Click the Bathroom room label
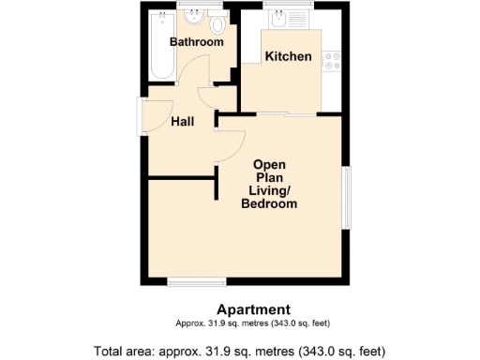[196, 42]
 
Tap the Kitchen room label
[288, 57]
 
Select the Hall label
[182, 121]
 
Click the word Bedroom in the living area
[269, 204]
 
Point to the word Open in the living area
[269, 163]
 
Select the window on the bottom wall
[196, 281]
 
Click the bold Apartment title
[253, 309]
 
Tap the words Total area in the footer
[126, 352]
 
